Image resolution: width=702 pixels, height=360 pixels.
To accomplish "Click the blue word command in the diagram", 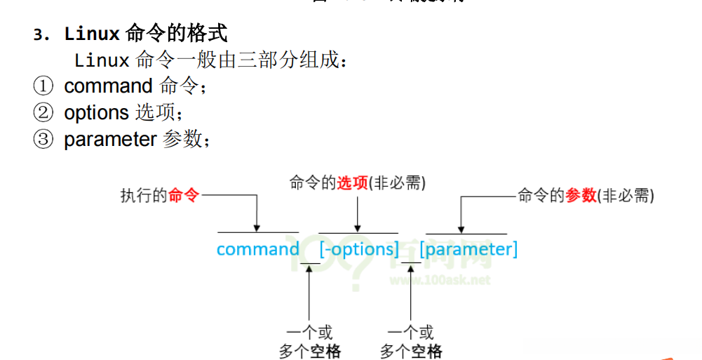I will [257, 249].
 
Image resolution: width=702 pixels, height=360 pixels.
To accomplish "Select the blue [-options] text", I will [358, 249].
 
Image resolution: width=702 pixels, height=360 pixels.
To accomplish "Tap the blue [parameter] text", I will [468, 249].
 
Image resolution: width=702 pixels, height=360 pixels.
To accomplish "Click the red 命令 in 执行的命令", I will [184, 196].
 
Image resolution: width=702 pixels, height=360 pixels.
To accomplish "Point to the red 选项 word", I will [352, 183].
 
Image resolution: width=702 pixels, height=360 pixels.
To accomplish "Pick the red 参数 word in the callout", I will [581, 196].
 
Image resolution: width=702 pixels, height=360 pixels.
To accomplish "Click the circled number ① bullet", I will [43, 86].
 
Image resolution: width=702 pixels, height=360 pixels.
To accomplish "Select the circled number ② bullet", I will [43, 113].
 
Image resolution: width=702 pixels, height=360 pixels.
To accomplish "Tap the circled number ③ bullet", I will [43, 140].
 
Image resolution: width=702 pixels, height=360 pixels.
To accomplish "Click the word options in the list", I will [96, 112].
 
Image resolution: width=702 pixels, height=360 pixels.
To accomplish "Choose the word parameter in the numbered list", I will [109, 140].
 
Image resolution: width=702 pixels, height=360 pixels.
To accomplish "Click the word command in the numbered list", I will [108, 86].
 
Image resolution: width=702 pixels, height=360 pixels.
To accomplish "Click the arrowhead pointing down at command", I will [257, 227].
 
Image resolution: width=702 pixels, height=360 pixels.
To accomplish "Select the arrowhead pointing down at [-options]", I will [358, 227].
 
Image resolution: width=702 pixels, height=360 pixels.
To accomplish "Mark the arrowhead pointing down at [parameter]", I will [461, 228].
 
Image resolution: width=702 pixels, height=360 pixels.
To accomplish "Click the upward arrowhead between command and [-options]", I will [309, 268].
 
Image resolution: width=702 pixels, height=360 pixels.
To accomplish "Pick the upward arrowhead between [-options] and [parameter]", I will [411, 268].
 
